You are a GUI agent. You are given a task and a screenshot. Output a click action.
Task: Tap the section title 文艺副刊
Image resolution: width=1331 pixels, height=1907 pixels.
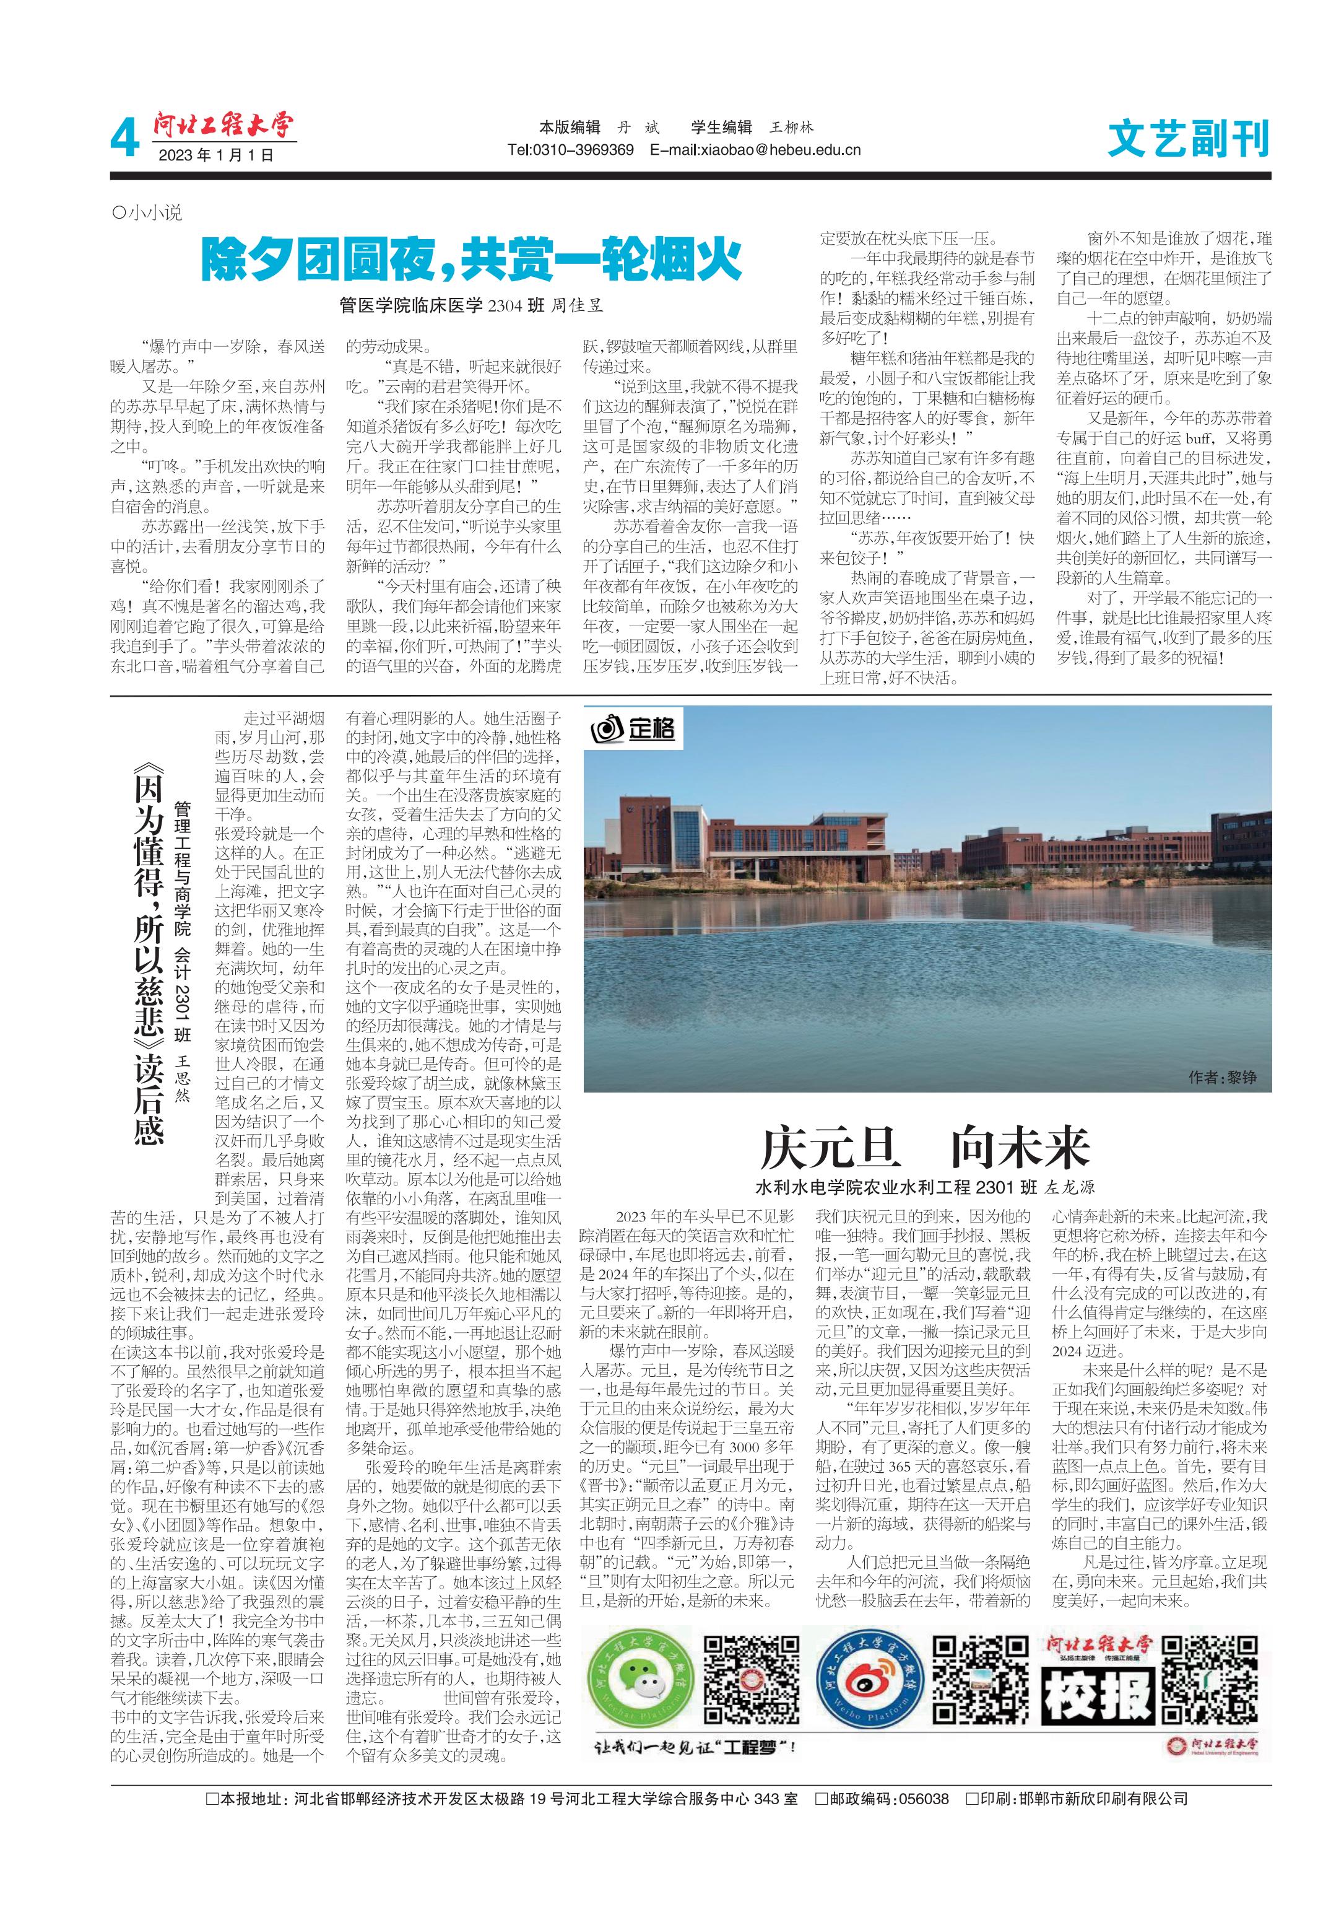tap(1187, 139)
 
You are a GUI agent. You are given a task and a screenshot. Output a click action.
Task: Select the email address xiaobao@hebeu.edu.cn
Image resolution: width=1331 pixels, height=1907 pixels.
tap(756, 151)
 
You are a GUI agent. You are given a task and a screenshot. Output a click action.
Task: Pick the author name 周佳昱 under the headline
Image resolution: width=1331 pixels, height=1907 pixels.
tap(576, 305)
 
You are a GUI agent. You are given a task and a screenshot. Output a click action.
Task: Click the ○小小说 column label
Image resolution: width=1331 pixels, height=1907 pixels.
tap(146, 212)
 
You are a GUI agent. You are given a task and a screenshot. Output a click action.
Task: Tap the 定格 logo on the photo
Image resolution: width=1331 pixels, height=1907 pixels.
tap(633, 729)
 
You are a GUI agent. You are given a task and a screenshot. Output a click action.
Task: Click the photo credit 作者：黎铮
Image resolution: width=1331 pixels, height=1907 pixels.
tap(1221, 1077)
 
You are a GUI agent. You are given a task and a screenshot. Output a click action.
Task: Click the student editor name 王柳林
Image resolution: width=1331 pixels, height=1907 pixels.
tap(791, 127)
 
